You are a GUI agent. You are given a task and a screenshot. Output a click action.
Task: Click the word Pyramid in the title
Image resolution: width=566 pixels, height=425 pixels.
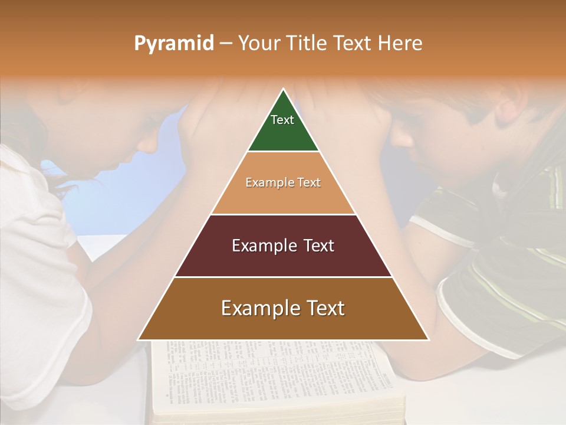click(x=173, y=44)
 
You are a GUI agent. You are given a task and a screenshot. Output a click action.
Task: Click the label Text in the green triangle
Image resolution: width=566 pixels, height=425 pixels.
click(x=282, y=120)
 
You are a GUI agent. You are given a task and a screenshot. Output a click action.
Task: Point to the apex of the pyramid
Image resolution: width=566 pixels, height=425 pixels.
click(x=284, y=90)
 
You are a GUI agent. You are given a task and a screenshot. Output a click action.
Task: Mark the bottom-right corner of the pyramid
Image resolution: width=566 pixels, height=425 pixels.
click(x=428, y=339)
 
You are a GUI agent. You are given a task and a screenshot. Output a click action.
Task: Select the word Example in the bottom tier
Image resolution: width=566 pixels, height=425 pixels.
click(x=256, y=308)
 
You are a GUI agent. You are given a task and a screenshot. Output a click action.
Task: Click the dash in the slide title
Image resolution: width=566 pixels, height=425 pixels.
click(x=226, y=44)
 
